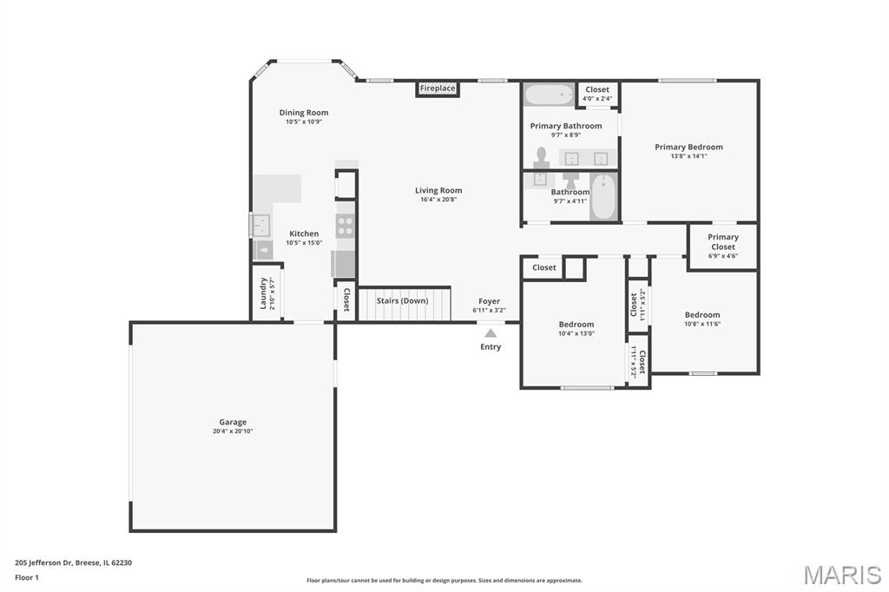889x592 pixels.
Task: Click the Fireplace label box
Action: coord(438,89)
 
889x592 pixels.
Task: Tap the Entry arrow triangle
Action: coord(491,333)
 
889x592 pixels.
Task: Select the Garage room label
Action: coord(233,422)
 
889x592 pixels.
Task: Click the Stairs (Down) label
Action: coord(402,300)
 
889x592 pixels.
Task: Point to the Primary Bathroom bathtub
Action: coord(549,94)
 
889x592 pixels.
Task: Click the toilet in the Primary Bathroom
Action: coord(542,157)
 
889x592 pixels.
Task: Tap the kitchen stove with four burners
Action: coord(345,225)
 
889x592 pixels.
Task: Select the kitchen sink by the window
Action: coord(260,225)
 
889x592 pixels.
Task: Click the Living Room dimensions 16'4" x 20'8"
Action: coord(438,200)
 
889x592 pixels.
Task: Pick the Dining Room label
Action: coord(303,112)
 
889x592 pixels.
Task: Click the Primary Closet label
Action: coord(723,241)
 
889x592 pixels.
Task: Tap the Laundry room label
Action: coord(263,293)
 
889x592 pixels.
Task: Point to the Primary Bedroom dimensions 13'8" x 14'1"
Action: coord(688,156)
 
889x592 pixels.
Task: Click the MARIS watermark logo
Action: coord(842,575)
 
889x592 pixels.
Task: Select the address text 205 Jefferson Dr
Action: coord(43,562)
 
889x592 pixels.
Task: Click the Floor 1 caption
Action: coord(27,577)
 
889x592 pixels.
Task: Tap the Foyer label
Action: coord(489,301)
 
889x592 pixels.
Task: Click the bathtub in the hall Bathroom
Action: coord(603,197)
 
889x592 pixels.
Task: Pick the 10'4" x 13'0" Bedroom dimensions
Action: coord(576,333)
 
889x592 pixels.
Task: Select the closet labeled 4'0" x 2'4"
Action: coord(597,94)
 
